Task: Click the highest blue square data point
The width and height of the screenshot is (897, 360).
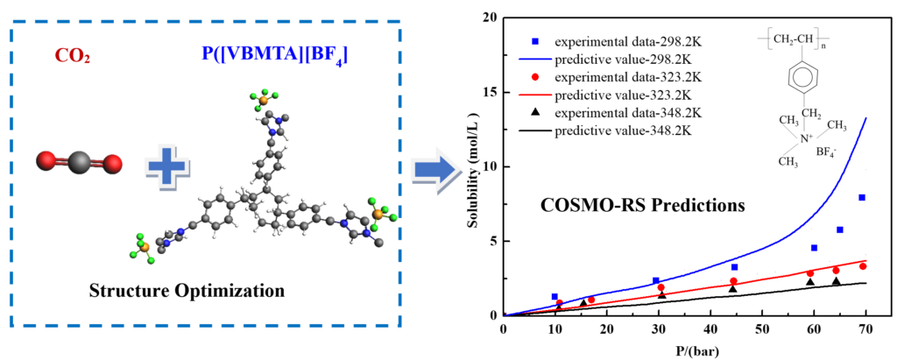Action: (862, 197)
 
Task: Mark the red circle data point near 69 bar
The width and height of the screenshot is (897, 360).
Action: (863, 266)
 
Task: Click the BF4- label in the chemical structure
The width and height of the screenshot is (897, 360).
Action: (826, 152)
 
